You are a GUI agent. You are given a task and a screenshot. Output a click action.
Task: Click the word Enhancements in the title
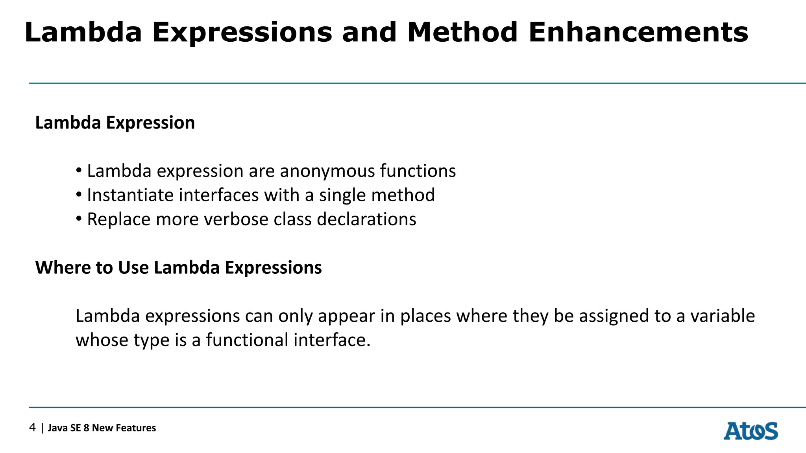638,32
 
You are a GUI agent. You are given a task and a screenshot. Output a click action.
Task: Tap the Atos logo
751,431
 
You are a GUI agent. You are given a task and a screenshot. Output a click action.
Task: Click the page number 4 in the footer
32,427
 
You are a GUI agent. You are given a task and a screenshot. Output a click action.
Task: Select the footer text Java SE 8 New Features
102,428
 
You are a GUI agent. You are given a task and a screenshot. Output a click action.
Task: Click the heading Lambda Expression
115,123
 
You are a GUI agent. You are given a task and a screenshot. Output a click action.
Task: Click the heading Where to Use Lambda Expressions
178,268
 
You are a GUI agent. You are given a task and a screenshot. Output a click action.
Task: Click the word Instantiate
130,195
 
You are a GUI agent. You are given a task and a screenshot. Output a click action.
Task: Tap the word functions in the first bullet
418,171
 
